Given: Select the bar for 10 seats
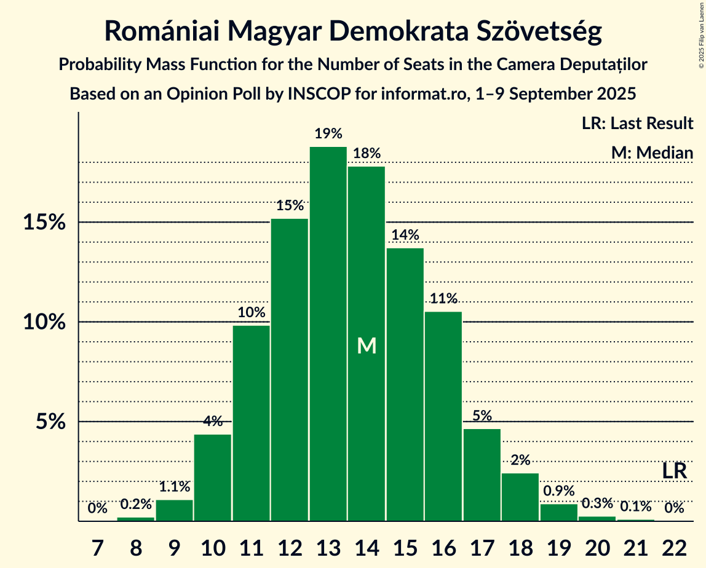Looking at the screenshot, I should click(x=213, y=478).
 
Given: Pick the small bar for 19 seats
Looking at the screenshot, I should click(x=559, y=513).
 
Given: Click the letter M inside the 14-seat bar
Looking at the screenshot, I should click(x=367, y=346).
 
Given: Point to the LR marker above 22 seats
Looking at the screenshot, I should click(x=675, y=471).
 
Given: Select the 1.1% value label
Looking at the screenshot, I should click(x=174, y=487).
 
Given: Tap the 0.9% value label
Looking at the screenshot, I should click(x=559, y=491).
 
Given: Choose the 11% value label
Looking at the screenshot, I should click(x=443, y=299).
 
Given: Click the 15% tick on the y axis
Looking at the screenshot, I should click(x=44, y=223).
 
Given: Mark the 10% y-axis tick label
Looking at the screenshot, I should click(x=44, y=322).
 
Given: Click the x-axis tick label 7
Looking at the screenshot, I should click(x=97, y=545).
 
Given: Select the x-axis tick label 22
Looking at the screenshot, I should click(x=675, y=545).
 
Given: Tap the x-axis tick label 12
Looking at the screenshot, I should click(x=290, y=545).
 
